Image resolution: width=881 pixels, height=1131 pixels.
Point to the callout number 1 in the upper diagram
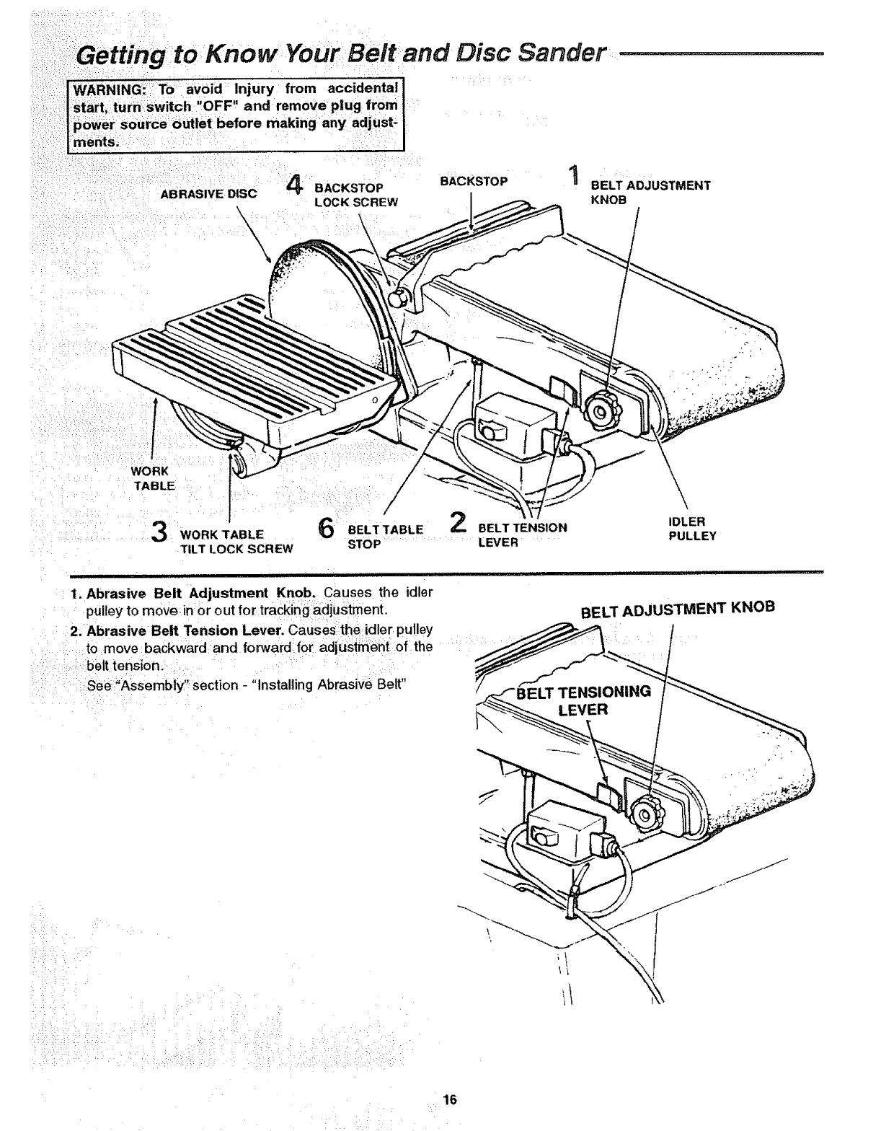[573, 176]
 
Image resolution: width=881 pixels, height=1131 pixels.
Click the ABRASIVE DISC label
[208, 193]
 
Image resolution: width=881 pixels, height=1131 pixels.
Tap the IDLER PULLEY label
[692, 529]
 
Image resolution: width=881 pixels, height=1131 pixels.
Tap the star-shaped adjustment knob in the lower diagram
[643, 814]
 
